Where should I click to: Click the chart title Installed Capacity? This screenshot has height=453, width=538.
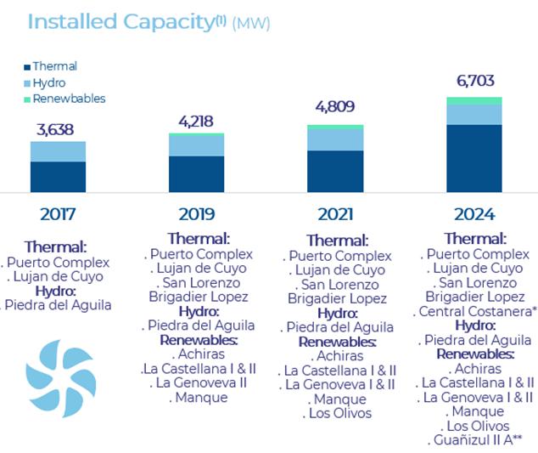(119, 22)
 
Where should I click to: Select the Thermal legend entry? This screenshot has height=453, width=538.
(54, 66)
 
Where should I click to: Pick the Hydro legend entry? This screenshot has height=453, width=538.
(49, 82)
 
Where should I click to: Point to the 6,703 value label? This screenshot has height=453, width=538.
(474, 82)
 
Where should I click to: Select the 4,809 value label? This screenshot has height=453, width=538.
(335, 108)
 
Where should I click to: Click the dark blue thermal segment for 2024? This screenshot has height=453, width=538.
(474, 158)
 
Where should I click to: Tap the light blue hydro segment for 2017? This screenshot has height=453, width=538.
(58, 151)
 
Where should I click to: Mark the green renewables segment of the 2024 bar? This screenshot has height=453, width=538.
(474, 100)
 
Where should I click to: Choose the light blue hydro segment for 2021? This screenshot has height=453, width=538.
(335, 139)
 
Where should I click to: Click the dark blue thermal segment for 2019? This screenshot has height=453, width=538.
(197, 173)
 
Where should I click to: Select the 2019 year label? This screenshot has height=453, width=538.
(197, 214)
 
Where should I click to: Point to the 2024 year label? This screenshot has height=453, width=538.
(474, 214)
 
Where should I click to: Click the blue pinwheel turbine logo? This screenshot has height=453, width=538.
(60, 378)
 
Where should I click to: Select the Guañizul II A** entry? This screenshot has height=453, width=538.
(475, 439)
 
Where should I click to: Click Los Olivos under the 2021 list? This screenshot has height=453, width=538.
(337, 414)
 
